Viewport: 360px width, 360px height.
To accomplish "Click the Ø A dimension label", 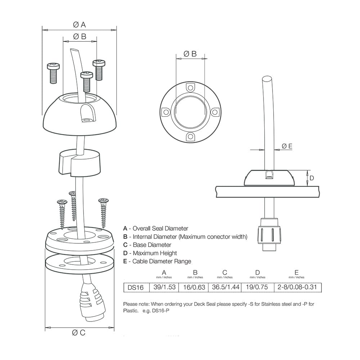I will [x=79, y=24].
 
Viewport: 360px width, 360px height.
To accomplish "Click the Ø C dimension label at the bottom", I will [x=79, y=333].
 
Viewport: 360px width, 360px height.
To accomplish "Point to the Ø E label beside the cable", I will [x=287, y=146].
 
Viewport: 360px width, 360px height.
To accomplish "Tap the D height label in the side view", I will [x=312, y=178].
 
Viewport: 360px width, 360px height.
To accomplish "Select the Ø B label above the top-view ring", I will [x=190, y=54].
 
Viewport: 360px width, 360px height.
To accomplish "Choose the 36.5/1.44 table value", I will [x=225, y=287].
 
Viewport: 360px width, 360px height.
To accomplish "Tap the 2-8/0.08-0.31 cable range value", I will [x=297, y=287].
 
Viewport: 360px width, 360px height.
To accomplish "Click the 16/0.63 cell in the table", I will [x=195, y=287].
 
